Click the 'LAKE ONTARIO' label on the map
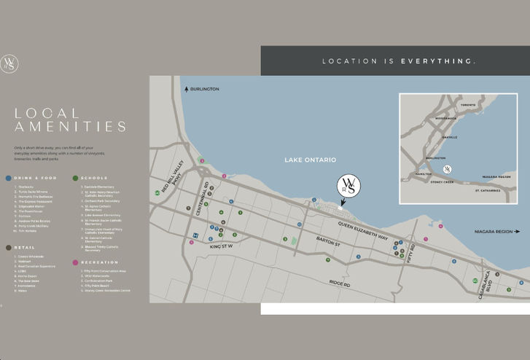tap(310, 160)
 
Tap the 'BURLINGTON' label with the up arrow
tap(204, 89)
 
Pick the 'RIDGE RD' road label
tap(340, 283)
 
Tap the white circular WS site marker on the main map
tap(348, 186)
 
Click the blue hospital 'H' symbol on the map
tap(195, 235)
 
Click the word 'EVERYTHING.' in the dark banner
tap(438, 61)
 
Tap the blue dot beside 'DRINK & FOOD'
tap(8, 178)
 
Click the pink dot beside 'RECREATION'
tap(75, 262)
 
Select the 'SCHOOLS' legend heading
tap(94, 178)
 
